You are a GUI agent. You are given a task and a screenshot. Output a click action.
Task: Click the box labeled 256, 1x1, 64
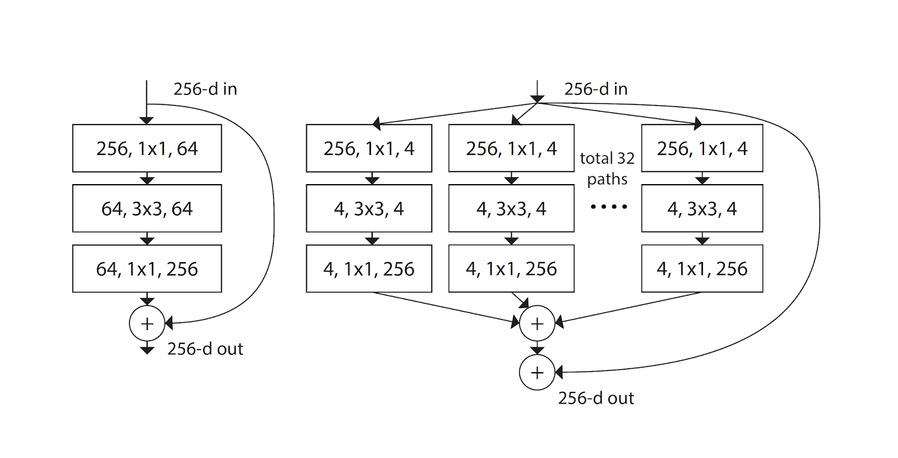coord(147,148)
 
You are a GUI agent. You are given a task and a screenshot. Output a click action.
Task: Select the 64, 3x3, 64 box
coord(147,208)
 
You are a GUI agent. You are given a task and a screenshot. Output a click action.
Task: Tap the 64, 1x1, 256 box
coord(147,269)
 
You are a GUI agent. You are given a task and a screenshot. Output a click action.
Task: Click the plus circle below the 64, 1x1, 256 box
coord(147,323)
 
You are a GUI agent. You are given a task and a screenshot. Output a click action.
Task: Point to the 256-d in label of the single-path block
coord(205,89)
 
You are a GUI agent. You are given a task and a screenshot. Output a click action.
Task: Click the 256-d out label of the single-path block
coord(205,349)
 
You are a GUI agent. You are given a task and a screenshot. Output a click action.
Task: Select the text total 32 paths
coord(607,168)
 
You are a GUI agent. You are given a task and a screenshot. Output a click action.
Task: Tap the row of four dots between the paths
coord(608,207)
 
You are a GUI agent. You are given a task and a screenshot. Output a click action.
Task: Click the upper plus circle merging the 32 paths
coord(537,323)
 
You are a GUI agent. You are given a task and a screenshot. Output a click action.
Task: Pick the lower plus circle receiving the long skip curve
coord(537,372)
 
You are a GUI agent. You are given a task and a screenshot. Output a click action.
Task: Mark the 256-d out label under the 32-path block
coord(595,398)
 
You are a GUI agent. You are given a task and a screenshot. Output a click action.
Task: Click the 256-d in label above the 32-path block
coord(595,89)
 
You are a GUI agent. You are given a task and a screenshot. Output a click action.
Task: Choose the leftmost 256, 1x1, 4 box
coord(369,148)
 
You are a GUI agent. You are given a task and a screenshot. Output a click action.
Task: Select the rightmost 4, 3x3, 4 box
coord(702,208)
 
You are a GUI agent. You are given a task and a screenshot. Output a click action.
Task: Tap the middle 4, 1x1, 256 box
coord(511,269)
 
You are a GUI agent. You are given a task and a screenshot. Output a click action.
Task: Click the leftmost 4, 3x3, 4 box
coord(369,208)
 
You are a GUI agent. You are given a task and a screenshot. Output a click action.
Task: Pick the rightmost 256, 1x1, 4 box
coord(702,148)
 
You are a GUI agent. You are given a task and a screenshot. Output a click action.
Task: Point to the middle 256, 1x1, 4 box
coord(511,148)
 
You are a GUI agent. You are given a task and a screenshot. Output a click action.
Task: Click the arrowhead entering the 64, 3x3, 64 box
coord(147,180)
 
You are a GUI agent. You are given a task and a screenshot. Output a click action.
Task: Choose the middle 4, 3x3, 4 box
coord(511,208)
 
